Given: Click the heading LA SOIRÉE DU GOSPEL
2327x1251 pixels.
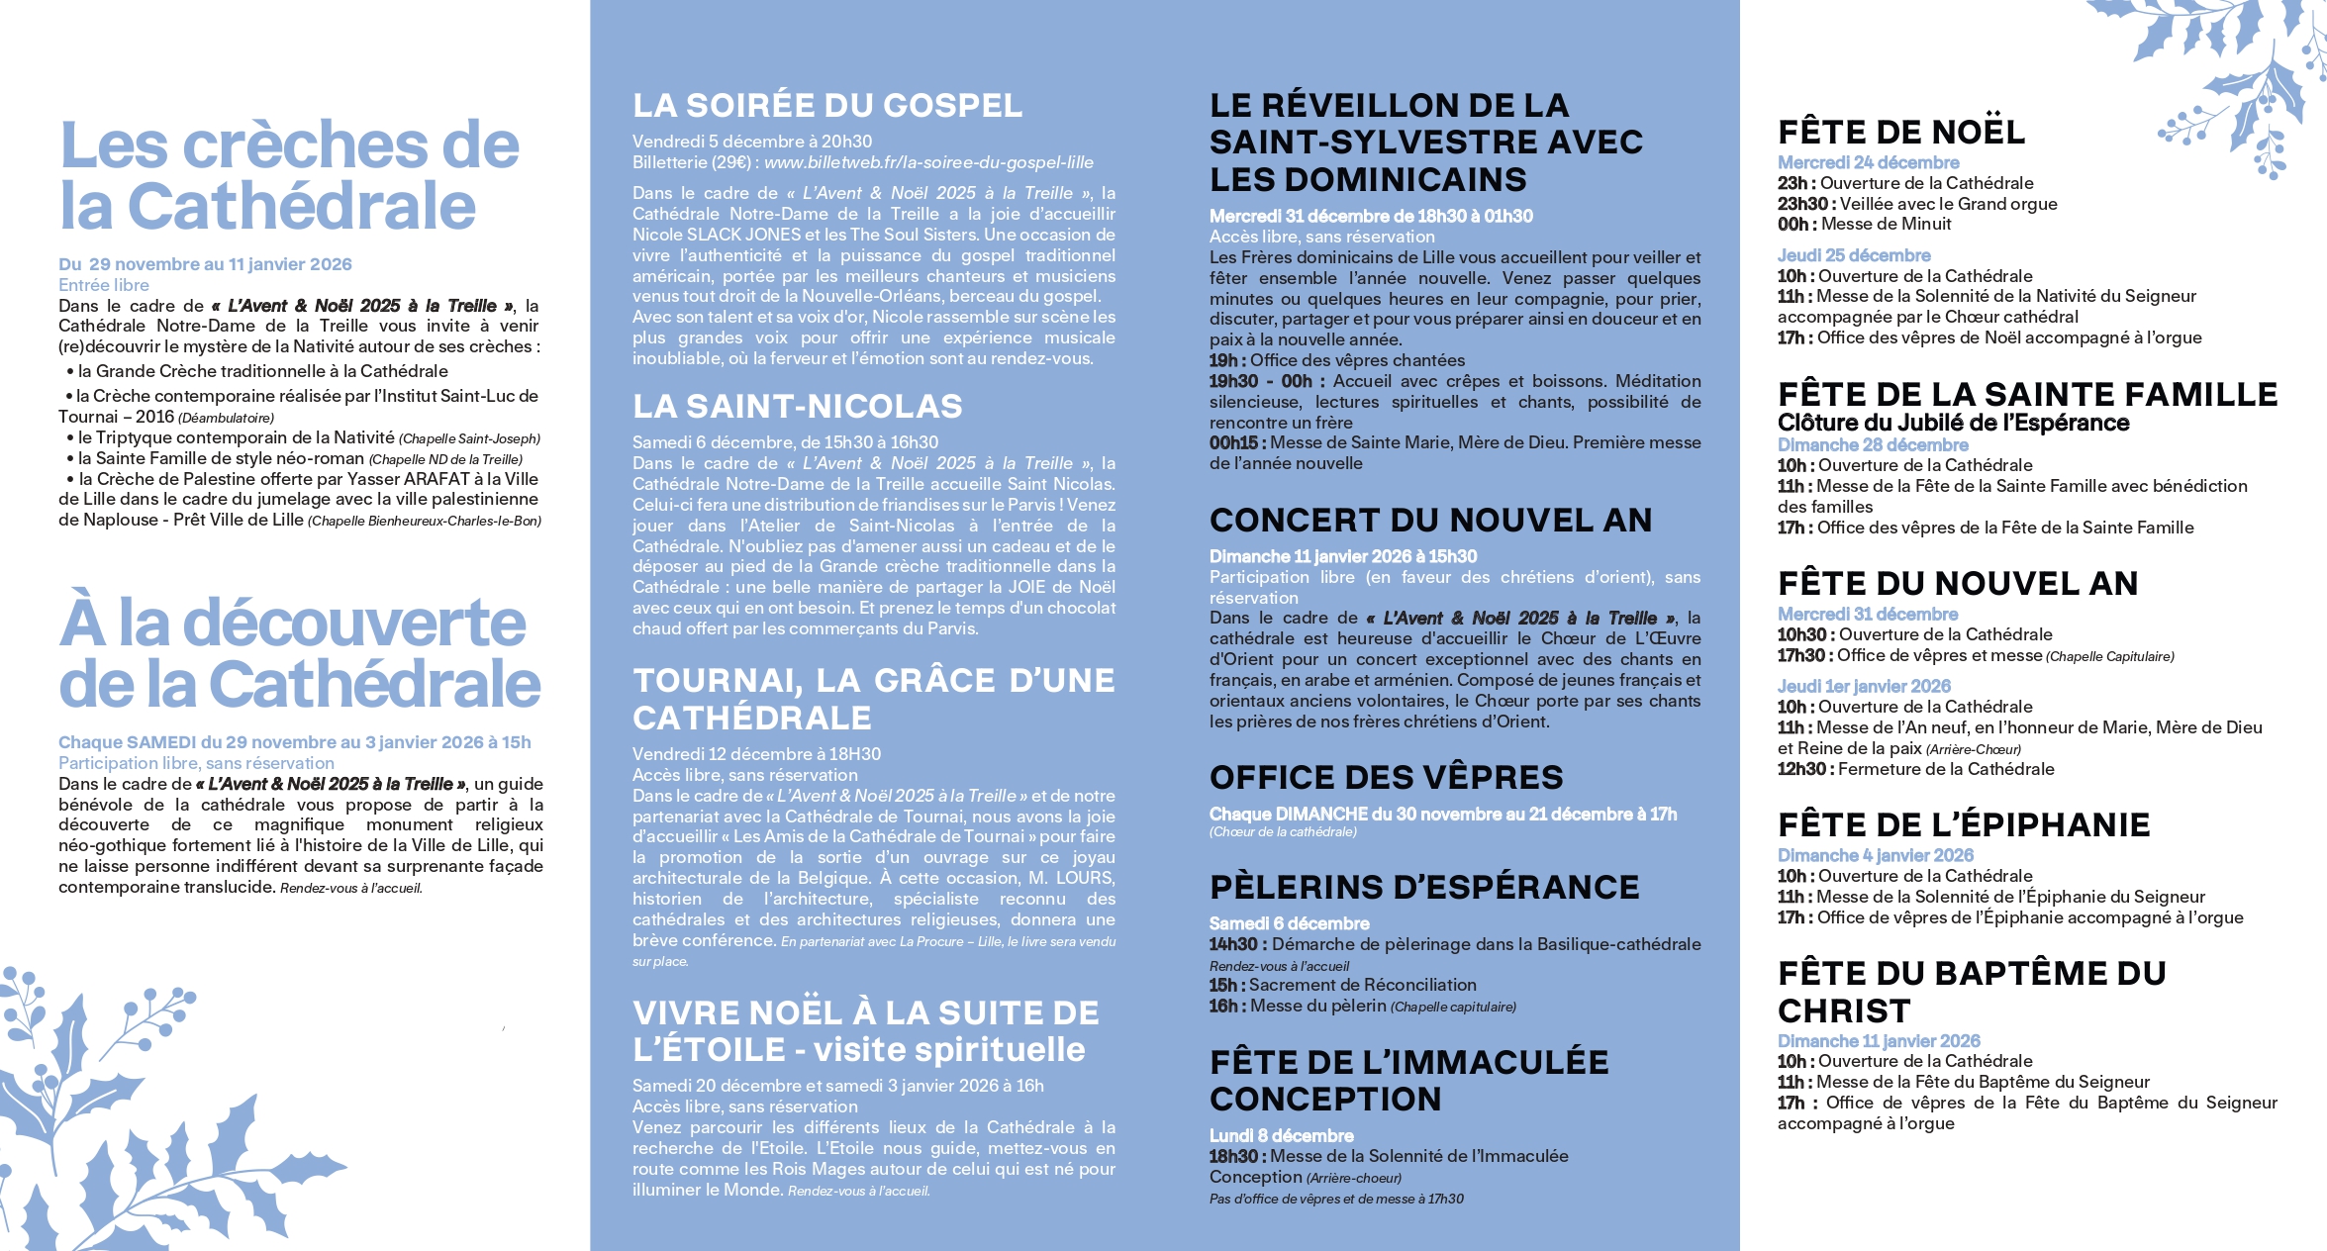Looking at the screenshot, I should pyautogui.click(x=827, y=106).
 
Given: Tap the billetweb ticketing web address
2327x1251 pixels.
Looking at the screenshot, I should pyautogui.click(x=928, y=162).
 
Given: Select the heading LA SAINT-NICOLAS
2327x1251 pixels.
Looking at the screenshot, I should pyautogui.click(x=798, y=407).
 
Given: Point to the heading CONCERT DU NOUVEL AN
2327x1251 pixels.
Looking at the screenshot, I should pyautogui.click(x=1430, y=521).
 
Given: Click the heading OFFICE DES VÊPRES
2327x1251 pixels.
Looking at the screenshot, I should pyautogui.click(x=1386, y=778).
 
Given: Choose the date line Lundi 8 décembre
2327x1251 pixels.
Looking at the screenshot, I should pyautogui.click(x=1281, y=1135).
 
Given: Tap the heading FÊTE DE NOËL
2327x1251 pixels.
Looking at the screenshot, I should pyautogui.click(x=1900, y=133).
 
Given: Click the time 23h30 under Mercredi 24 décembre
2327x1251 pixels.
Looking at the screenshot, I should pyautogui.click(x=1802, y=204).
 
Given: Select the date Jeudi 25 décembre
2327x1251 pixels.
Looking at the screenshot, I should pyautogui.click(x=1854, y=255).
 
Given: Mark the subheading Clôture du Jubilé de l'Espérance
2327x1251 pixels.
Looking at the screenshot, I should pyautogui.click(x=1953, y=423).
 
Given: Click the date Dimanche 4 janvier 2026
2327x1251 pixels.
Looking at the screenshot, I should pyautogui.click(x=1875, y=855).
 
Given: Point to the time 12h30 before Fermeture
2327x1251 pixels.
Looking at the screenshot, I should pyautogui.click(x=1801, y=769).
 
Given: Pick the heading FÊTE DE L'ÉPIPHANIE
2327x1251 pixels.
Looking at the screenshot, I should pyautogui.click(x=1963, y=825).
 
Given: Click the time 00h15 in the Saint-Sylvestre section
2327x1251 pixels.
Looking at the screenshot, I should pyautogui.click(x=1233, y=442).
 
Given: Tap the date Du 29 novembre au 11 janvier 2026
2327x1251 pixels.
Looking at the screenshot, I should pyautogui.click(x=205, y=264).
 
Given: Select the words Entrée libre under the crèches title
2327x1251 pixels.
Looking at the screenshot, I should pyautogui.click(x=103, y=285).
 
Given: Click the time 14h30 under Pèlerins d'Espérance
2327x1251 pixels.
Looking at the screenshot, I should pyautogui.click(x=1233, y=944).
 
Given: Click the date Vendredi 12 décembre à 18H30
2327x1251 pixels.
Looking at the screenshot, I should pyautogui.click(x=756, y=754).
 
